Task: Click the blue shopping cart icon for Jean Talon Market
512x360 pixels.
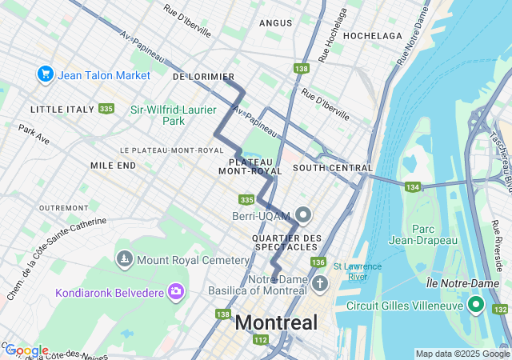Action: pos(45,74)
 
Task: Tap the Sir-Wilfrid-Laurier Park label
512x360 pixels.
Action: pos(168,114)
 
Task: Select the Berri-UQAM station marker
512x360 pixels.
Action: pos(303,214)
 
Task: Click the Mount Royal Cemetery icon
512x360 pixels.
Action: pos(124,259)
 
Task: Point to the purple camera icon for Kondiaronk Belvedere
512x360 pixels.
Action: pos(175,291)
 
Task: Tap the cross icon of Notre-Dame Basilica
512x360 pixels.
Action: pos(321,284)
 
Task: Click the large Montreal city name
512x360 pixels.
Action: pos(276,324)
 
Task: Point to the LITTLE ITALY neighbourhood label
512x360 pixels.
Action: pos(61,109)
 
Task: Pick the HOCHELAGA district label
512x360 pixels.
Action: pos(372,36)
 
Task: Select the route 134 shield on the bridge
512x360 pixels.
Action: pos(412,187)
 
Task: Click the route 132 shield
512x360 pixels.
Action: pos(501,309)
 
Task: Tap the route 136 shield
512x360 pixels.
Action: pos(318,262)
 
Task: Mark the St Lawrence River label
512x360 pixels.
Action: pos(358,271)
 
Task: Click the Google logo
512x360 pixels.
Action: pos(26,350)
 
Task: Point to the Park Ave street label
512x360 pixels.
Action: pos(34,134)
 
